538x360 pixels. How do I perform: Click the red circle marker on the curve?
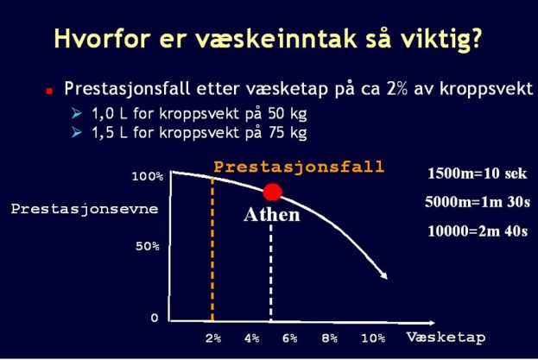pyautogui.click(x=273, y=193)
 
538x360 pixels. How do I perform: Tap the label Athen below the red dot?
pyautogui.click(x=272, y=215)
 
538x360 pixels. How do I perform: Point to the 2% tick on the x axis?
pyautogui.click(x=212, y=338)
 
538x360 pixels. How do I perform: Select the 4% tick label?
pyautogui.click(x=252, y=338)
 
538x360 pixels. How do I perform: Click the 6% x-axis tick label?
pyautogui.click(x=289, y=338)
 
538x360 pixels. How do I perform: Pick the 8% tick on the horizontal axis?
pyautogui.click(x=329, y=338)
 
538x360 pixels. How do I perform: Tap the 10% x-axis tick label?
pyautogui.click(x=373, y=338)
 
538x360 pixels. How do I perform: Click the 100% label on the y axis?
pyautogui.click(x=147, y=176)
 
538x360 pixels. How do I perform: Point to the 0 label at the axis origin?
pyautogui.click(x=155, y=318)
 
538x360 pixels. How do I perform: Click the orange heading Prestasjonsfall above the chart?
pyautogui.click(x=298, y=166)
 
